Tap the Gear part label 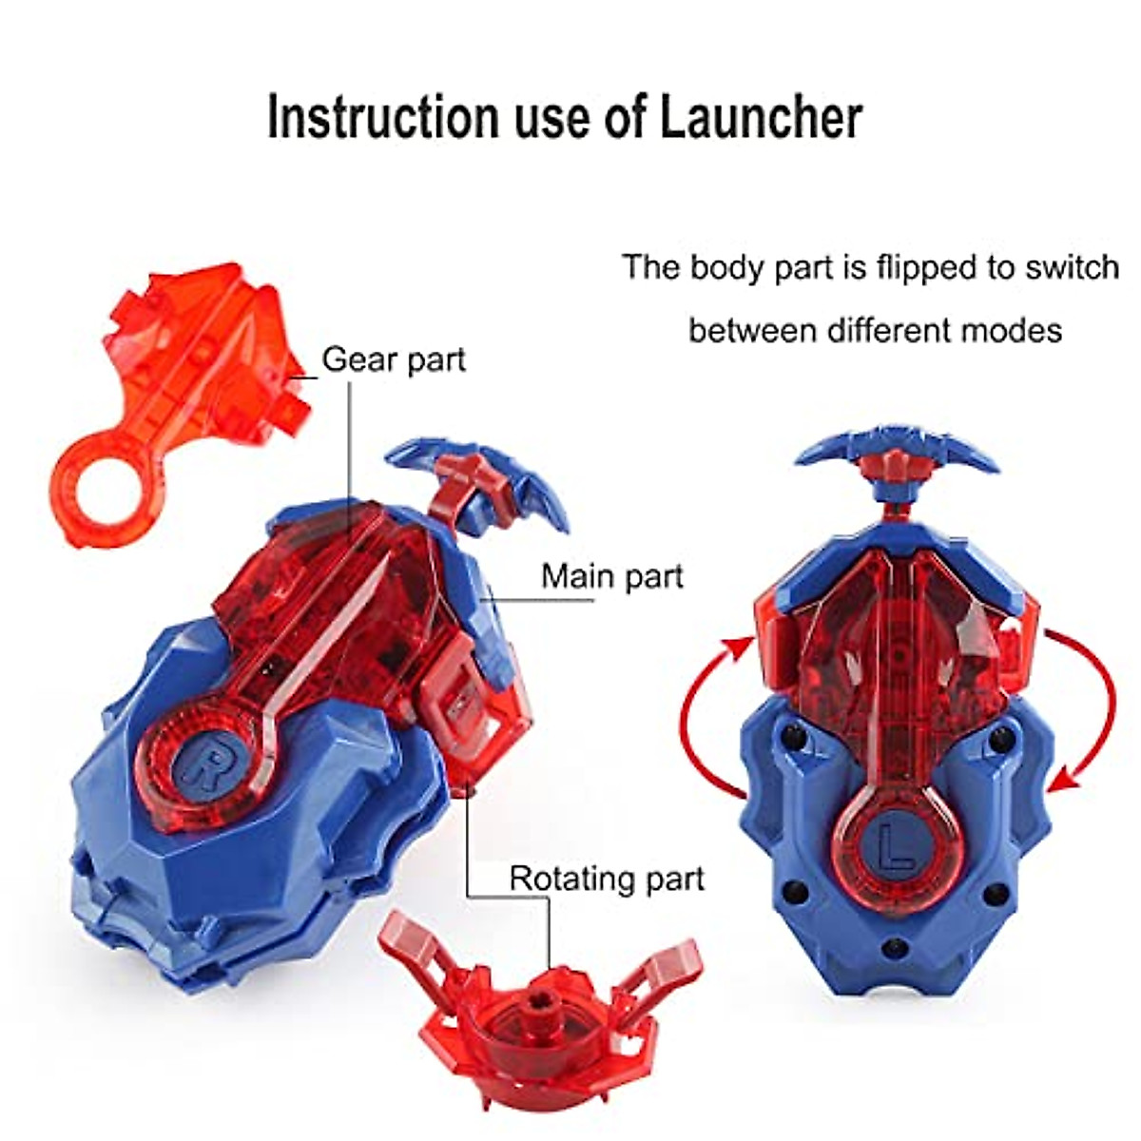394,360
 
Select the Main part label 612,576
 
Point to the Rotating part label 607,878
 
